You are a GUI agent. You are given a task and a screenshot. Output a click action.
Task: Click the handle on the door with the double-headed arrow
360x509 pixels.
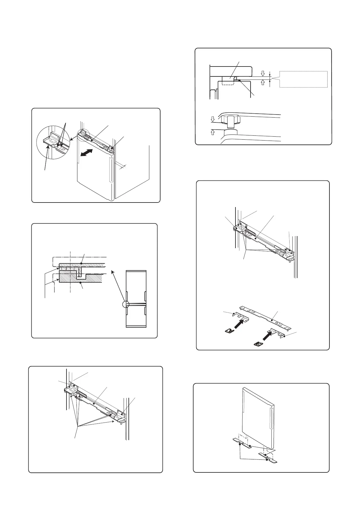111,171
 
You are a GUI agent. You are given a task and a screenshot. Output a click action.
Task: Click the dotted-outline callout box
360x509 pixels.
303,79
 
